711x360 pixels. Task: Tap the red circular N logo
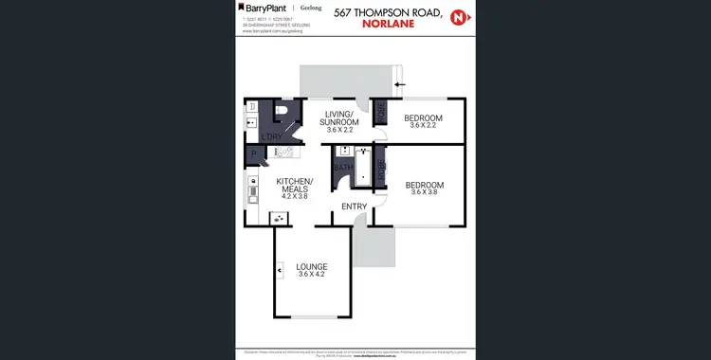459,18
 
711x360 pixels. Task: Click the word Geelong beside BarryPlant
310,8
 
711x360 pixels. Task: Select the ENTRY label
354,207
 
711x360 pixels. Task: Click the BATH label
342,168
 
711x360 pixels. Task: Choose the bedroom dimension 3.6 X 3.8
424,193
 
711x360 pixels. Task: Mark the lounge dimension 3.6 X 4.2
311,275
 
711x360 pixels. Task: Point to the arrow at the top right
399,84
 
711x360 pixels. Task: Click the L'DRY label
271,138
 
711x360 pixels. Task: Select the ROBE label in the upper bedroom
381,113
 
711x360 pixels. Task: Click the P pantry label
253,156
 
